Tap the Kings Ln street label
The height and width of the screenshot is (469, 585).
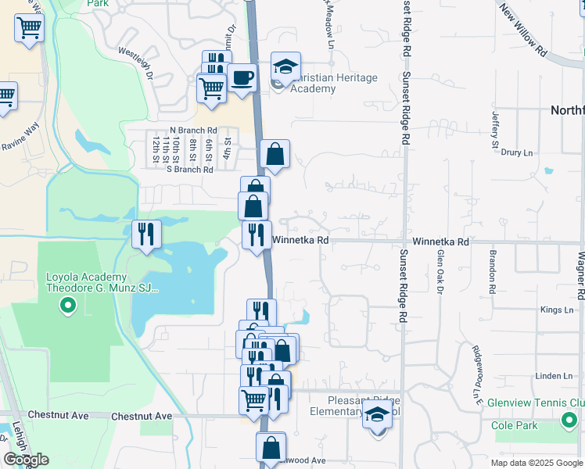tap(556, 310)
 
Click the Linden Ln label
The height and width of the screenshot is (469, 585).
tap(556, 376)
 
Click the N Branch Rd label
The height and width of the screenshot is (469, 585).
tap(193, 131)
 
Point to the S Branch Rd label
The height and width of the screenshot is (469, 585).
tap(184, 169)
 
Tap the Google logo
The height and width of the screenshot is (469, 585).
tap(26, 460)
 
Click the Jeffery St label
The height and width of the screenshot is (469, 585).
tap(495, 128)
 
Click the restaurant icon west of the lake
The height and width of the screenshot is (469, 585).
tap(145, 233)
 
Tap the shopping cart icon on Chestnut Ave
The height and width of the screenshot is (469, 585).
tap(254, 400)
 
